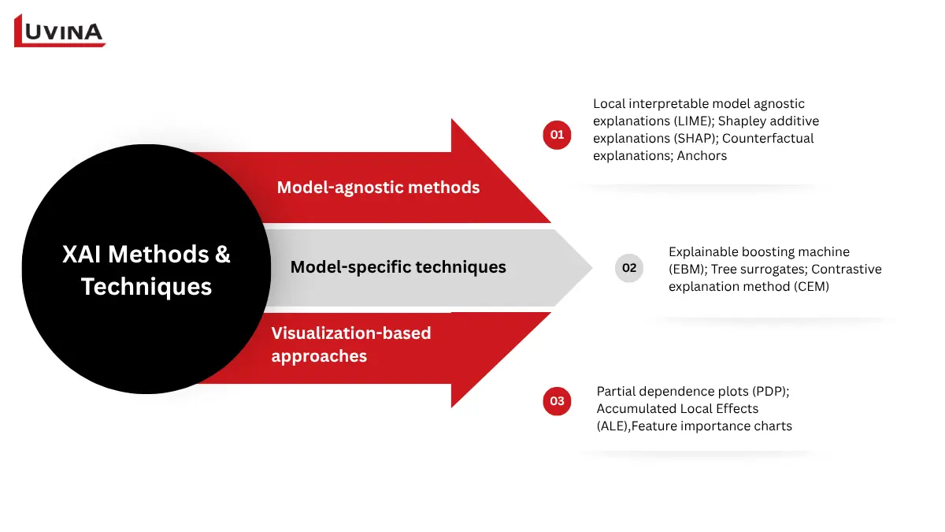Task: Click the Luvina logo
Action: coord(60,31)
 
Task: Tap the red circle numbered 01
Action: coord(557,135)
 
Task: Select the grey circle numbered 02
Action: coord(628,268)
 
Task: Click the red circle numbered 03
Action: coord(557,400)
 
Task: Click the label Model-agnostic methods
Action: coord(378,188)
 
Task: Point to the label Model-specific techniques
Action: coord(398,267)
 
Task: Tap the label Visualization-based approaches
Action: coord(351,344)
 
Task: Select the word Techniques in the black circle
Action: coord(146,286)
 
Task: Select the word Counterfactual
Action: coord(768,138)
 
